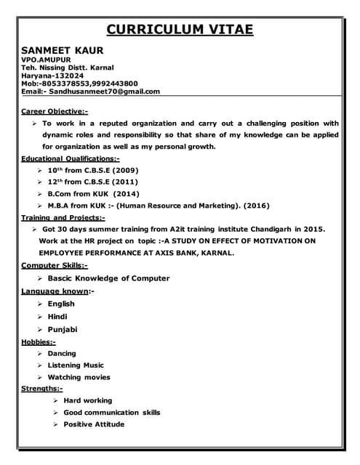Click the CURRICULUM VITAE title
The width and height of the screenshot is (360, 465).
180,29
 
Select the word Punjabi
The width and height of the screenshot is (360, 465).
63,329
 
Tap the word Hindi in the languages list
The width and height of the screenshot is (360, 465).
59,316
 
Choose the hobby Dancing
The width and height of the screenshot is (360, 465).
62,353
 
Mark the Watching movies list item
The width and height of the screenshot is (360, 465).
79,377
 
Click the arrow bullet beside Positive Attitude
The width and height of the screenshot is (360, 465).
56,424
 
